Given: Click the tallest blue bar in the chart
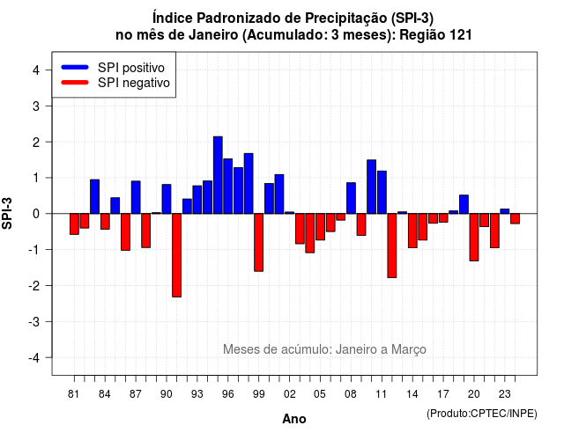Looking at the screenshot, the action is (218, 175).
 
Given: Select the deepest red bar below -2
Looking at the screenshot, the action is (176, 255).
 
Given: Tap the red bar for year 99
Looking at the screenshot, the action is (258, 243).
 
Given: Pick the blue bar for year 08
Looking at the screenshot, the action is (351, 198).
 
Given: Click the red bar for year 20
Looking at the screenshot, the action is (474, 237).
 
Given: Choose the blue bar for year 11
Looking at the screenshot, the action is (382, 192).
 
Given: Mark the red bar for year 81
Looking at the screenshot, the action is (74, 224).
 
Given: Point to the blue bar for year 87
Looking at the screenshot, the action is (136, 197).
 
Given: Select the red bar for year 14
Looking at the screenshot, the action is (412, 231).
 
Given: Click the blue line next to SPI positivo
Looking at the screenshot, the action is (75, 67).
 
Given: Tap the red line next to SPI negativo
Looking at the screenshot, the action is (75, 83).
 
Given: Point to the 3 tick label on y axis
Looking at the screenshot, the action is (36, 106).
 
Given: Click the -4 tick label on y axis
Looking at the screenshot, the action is (34, 358).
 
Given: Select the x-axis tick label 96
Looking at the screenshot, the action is (227, 394).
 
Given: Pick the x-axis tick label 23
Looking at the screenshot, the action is (505, 394).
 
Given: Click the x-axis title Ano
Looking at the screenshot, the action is (293, 419).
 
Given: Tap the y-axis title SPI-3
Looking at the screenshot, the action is (7, 213).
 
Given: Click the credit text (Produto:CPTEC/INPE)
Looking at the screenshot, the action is (482, 414).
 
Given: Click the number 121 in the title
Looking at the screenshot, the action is (461, 35).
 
